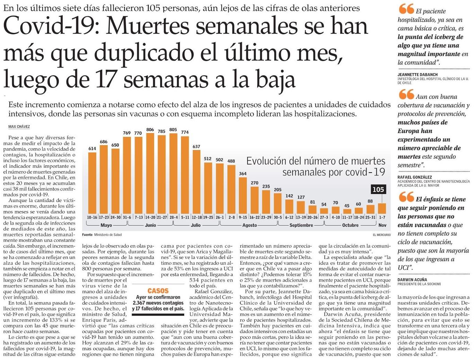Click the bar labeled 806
pyautogui.click(x=150, y=173)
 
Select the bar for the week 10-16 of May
pyautogui.click(x=92, y=183)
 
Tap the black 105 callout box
pyautogui.click(x=378, y=190)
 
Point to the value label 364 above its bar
pyautogui.click(x=243, y=174)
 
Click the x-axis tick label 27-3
pyautogui.click(x=324, y=217)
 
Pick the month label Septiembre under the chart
pyautogui.click(x=301, y=225)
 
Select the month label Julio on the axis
pyautogui.click(x=196, y=225)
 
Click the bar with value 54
pyautogui.click(x=324, y=211)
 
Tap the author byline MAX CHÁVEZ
pyautogui.click(x=19, y=127)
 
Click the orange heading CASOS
pyautogui.click(x=158, y=291)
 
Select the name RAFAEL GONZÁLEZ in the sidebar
pyautogui.click(x=415, y=177)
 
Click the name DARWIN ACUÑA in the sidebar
pyautogui.click(x=412, y=280)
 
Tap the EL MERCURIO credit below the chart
pyautogui.click(x=382, y=235)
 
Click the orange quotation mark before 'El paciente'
pyautogui.click(x=406, y=9)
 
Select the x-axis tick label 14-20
pyautogui.click(x=150, y=217)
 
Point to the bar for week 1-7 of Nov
pyautogui.click(x=382, y=209)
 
